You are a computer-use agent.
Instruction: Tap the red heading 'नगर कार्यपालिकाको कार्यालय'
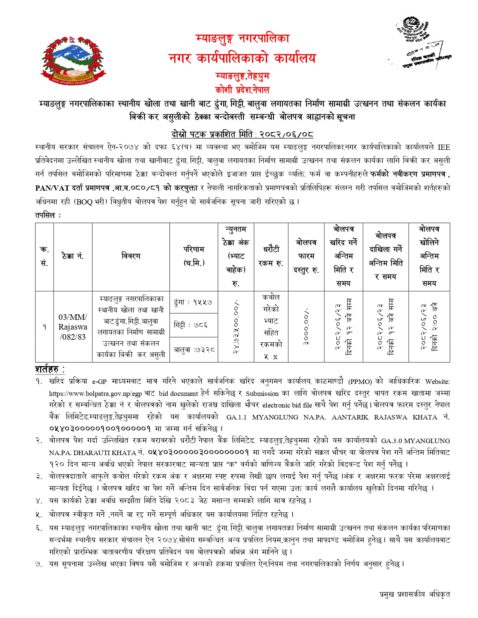coord(242,58)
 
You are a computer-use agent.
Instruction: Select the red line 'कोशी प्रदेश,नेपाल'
coord(242,90)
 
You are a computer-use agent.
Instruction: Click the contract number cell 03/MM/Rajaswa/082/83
coord(73,327)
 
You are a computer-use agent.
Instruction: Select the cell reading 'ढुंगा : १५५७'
coord(193,302)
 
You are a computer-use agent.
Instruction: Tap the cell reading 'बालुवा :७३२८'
coord(194,350)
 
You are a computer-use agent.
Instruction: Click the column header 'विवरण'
coord(131,256)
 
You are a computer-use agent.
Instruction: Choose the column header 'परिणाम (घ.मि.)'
coord(193,256)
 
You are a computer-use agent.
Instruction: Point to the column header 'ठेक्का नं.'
coord(73,256)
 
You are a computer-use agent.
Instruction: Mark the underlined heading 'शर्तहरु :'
coord(50,369)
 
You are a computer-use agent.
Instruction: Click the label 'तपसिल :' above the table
coord(48,215)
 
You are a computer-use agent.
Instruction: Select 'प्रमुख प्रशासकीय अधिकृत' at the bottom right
coord(414,594)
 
